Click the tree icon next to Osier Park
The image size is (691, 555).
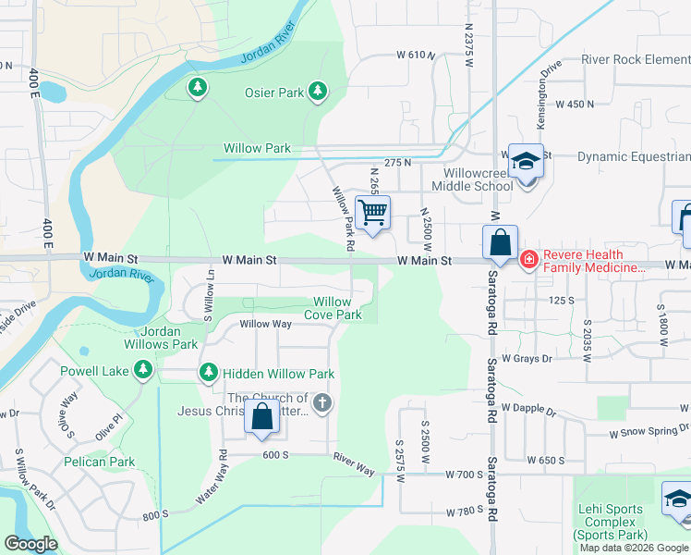[x=319, y=91]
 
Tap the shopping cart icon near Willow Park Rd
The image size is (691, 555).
[x=373, y=214]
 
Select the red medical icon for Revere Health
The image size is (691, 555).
[x=528, y=261]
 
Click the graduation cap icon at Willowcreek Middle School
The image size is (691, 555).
[x=526, y=162]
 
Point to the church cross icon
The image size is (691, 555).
[x=322, y=402]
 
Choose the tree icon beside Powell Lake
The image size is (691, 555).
[x=142, y=371]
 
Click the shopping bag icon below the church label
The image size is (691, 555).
[x=262, y=417]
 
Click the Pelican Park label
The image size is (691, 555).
[x=100, y=462]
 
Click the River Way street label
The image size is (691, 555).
[x=354, y=463]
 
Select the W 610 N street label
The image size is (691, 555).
[x=417, y=55]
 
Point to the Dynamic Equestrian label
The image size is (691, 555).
[x=634, y=157]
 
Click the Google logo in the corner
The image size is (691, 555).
[x=30, y=544]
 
